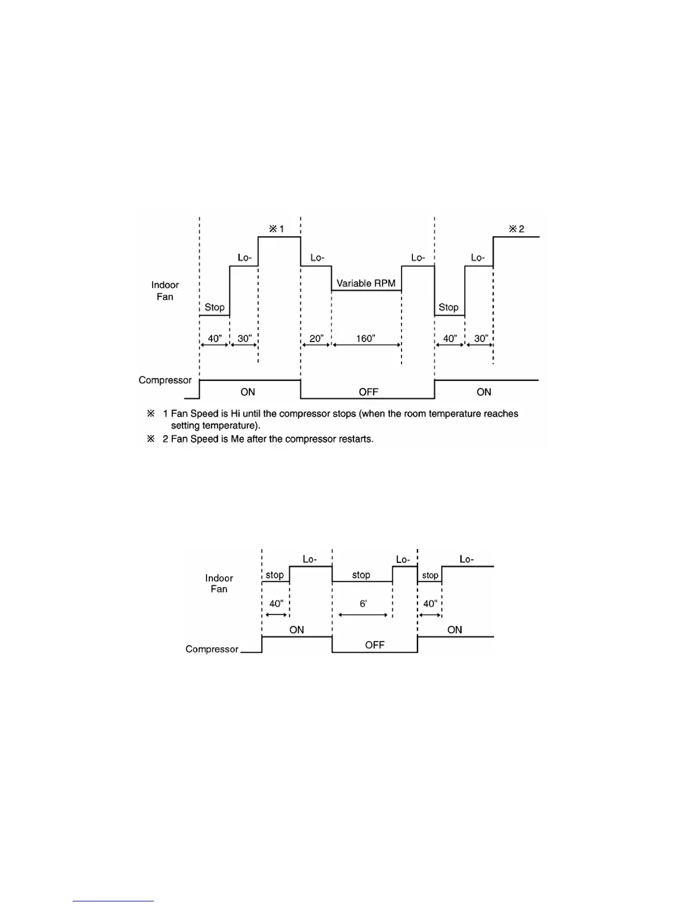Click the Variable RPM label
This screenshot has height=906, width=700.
(x=365, y=283)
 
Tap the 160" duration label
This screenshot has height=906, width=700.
(x=365, y=338)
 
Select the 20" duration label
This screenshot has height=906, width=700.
(x=316, y=338)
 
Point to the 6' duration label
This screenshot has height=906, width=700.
(x=363, y=603)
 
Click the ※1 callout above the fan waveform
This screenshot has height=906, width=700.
(x=277, y=229)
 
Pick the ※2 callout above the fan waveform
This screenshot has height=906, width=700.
(x=516, y=229)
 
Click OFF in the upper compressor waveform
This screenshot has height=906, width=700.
(x=368, y=392)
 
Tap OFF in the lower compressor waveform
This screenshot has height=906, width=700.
(x=375, y=645)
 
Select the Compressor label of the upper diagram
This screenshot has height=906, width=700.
(x=165, y=380)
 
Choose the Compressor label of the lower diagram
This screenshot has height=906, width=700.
(x=212, y=649)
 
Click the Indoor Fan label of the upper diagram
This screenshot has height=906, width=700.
(x=165, y=291)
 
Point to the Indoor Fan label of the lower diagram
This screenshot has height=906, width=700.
(x=219, y=583)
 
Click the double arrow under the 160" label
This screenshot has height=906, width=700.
(x=367, y=345)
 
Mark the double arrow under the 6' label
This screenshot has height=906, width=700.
(x=363, y=615)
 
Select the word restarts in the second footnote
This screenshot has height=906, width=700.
(x=355, y=439)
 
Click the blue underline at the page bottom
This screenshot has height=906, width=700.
(x=113, y=901)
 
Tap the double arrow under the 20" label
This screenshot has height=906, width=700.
(x=316, y=345)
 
